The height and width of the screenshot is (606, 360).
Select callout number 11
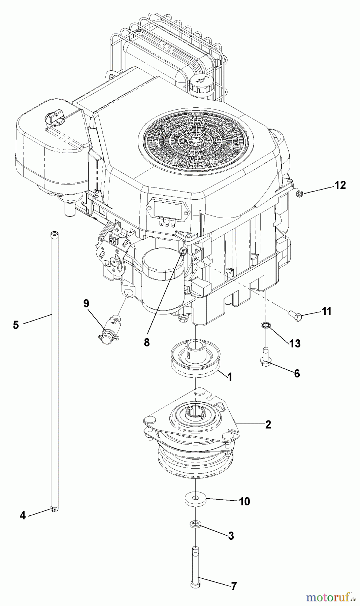(326, 311)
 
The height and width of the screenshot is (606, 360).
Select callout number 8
(146, 342)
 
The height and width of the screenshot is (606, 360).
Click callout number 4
(22, 515)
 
